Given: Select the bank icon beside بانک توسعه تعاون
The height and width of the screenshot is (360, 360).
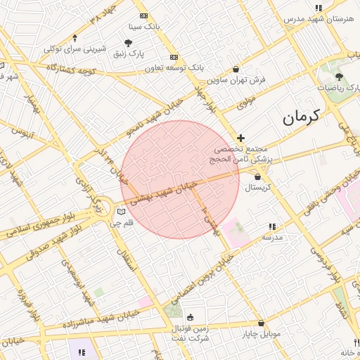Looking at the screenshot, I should [x=174, y=57].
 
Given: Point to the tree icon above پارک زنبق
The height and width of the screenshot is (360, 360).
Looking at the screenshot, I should [x=128, y=43].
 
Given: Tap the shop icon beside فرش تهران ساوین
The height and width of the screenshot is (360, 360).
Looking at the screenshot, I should [x=235, y=69].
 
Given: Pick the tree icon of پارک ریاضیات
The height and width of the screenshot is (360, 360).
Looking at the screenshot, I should [x=339, y=77].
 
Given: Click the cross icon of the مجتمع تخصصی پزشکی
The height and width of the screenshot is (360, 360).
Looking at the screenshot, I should [x=240, y=138].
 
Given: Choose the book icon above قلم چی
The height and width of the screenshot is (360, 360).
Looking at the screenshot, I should [x=121, y=212].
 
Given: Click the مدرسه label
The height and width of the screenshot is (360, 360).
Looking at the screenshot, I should [x=272, y=238].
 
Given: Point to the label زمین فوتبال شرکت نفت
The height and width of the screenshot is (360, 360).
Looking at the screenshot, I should [x=191, y=333].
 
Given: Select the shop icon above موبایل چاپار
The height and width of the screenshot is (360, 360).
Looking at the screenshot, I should [x=261, y=323].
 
